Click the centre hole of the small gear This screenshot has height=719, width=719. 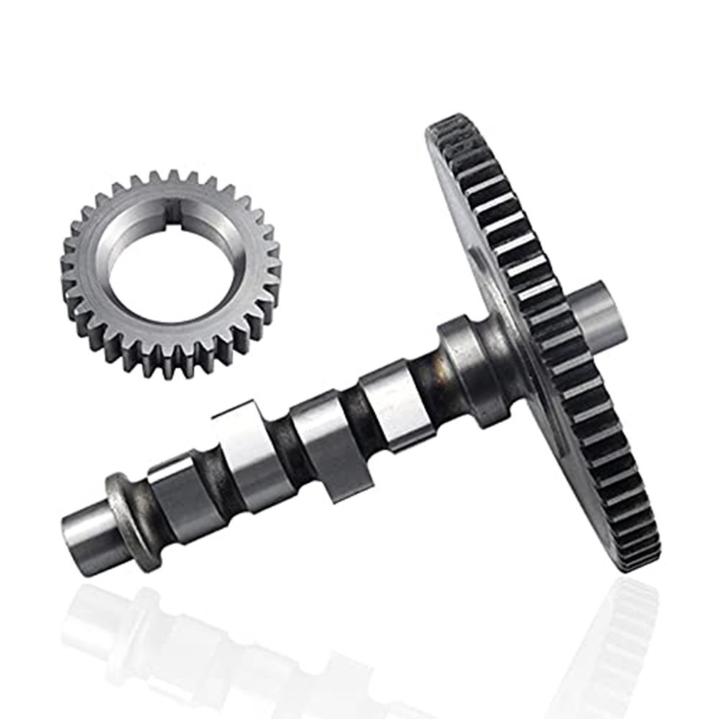pos(171,273)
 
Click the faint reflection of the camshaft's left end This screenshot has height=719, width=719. pos(93,618)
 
